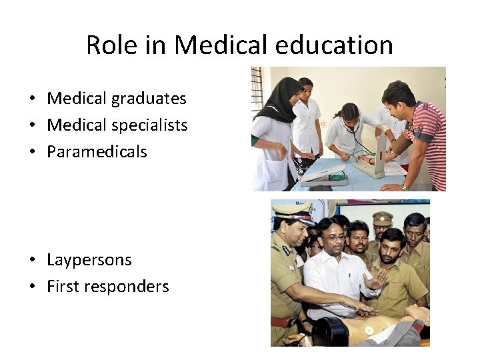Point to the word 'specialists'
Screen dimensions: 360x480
pyautogui.click(x=149, y=125)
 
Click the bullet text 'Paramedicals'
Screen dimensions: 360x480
pyautogui.click(x=97, y=152)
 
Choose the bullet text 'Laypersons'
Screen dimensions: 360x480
pyautogui.click(x=89, y=260)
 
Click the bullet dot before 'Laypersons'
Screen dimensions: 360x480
pyautogui.click(x=32, y=261)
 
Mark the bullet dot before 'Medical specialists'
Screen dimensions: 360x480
pyautogui.click(x=32, y=126)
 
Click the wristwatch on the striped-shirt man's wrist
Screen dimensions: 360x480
pyautogui.click(x=404, y=187)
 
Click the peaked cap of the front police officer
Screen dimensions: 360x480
pyautogui.click(x=292, y=213)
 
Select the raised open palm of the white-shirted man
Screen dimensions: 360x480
pyautogui.click(x=375, y=280)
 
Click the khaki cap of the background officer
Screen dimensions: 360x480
pyautogui.click(x=382, y=218)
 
